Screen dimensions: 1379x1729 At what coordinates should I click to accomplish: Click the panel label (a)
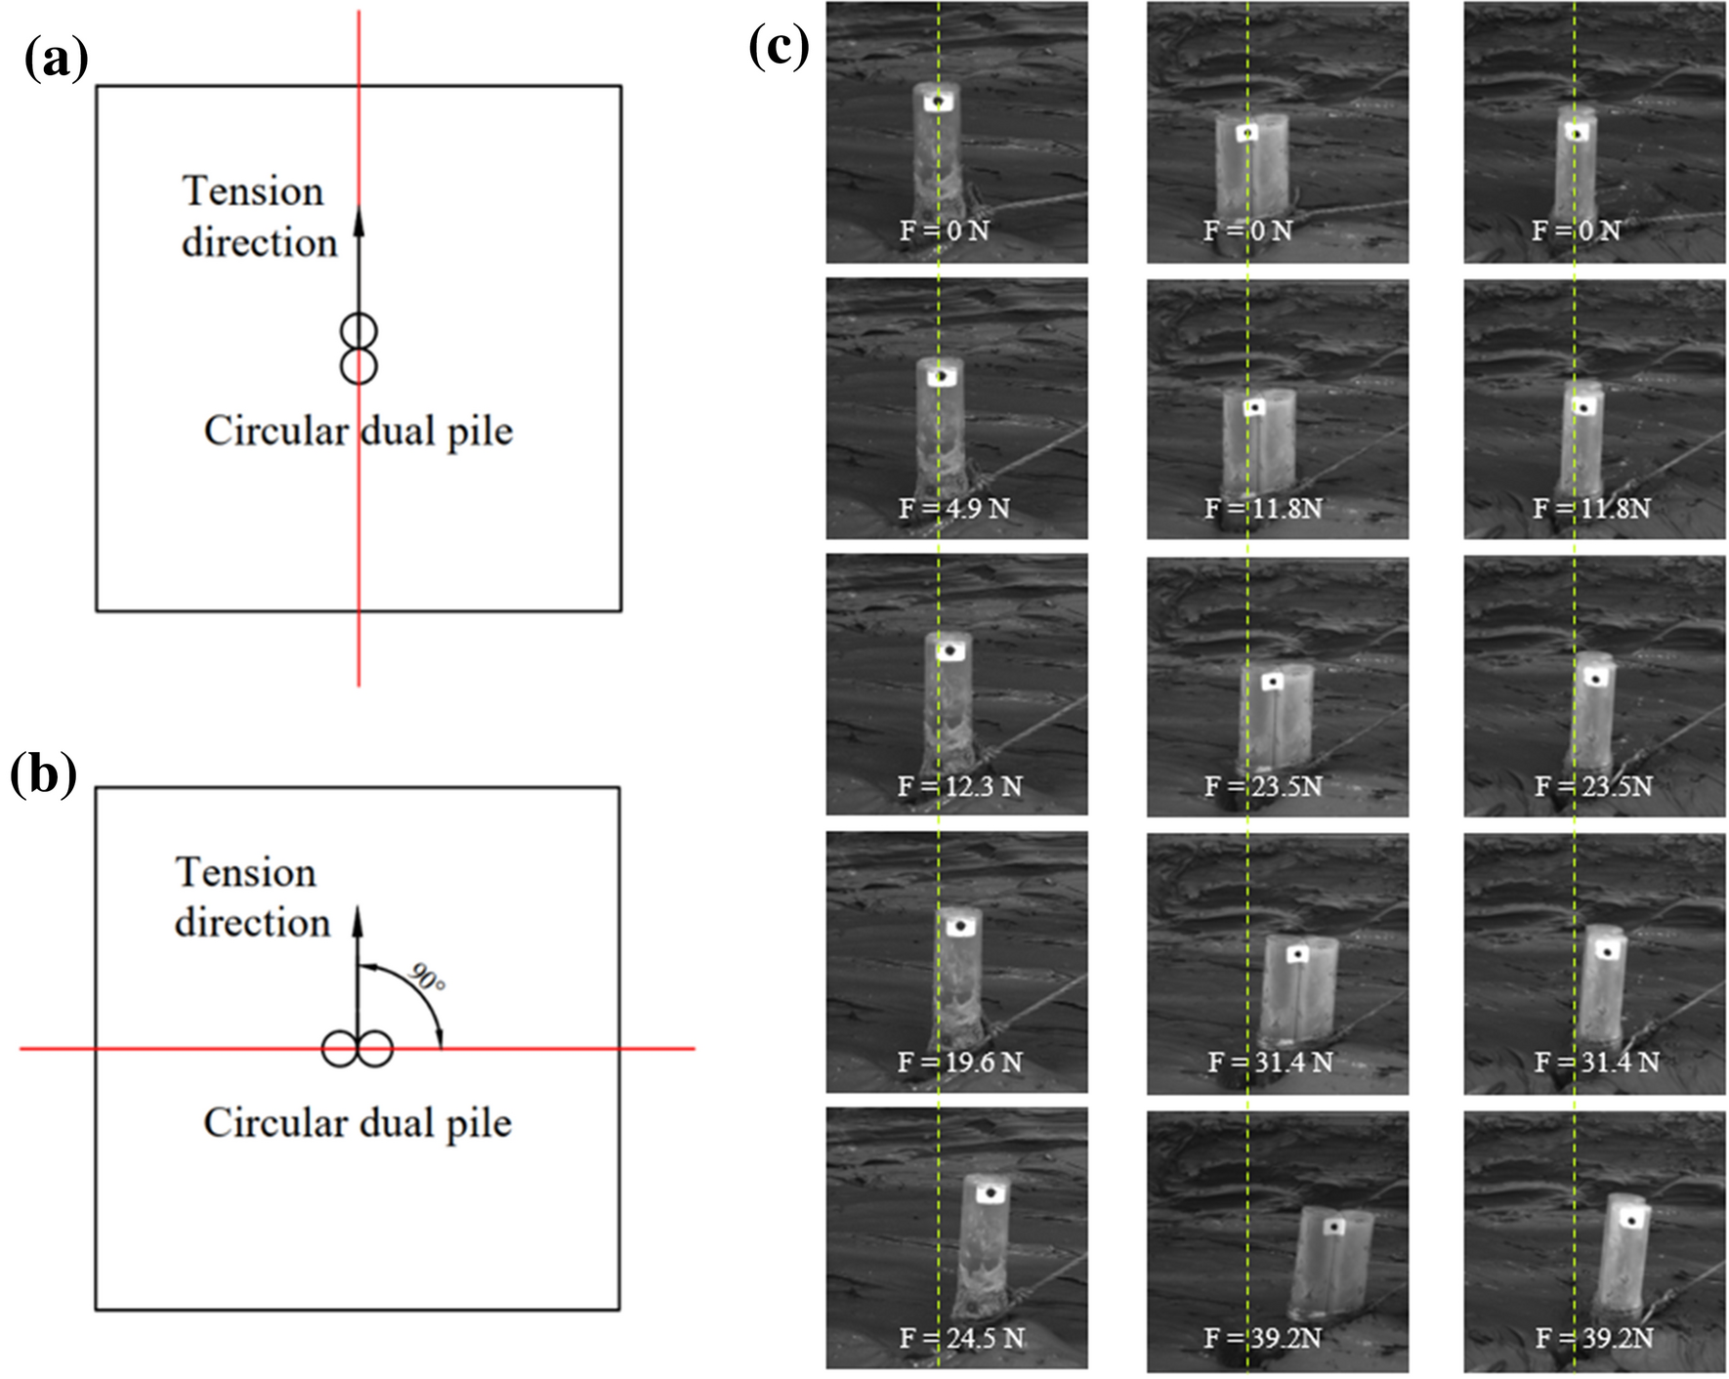[57, 60]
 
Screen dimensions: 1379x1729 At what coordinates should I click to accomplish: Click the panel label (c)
[779, 46]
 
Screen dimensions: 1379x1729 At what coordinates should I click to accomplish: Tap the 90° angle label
[427, 978]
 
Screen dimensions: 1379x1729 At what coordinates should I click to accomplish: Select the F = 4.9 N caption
[954, 509]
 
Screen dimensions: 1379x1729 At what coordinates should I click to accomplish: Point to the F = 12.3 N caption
[959, 786]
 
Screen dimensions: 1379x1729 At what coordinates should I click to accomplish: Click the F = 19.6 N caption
[959, 1063]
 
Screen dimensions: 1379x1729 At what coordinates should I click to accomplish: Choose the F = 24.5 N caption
[961, 1339]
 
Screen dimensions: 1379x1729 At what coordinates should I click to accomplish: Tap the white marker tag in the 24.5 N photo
[991, 1193]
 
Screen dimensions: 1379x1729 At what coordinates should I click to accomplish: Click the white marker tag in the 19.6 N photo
[962, 925]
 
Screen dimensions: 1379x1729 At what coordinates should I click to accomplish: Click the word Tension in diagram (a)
[253, 191]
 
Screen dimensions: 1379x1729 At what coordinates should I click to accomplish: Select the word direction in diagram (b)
[252, 923]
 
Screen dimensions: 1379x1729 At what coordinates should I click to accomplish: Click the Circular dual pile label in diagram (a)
[358, 432]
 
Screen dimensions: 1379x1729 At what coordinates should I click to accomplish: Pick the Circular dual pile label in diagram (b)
[358, 1123]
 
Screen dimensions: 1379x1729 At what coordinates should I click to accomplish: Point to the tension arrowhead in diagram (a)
[358, 222]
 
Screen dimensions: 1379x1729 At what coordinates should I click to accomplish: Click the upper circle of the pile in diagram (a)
[358, 331]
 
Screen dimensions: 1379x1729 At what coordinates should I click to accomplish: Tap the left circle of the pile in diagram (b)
[339, 1050]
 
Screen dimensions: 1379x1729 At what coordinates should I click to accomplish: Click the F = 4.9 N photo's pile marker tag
[941, 376]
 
